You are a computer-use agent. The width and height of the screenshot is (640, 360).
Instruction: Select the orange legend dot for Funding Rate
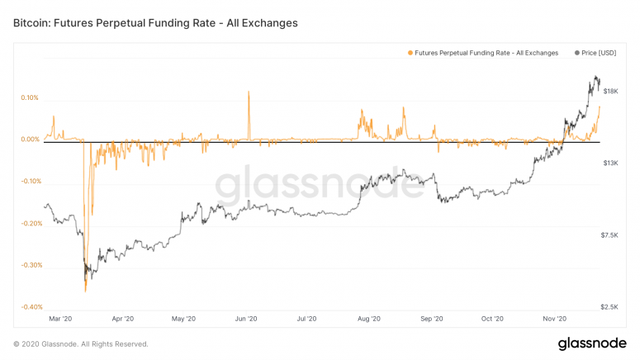(410, 53)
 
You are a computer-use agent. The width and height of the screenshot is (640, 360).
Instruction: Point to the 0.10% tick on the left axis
(30, 97)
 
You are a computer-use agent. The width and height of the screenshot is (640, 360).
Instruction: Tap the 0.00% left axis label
(30, 140)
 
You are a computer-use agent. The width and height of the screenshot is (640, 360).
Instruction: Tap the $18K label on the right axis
(612, 91)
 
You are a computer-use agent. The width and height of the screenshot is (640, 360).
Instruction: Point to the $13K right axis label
(612, 163)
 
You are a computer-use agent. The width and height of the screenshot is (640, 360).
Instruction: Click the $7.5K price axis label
(610, 235)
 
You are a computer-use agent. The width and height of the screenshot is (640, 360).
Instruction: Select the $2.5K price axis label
(610, 307)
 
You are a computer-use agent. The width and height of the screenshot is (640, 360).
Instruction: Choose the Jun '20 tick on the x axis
(246, 318)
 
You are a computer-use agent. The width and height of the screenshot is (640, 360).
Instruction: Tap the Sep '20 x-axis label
(432, 318)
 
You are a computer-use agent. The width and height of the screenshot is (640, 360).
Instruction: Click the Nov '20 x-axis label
(554, 318)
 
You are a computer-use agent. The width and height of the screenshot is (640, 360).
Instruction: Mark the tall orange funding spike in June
(249, 92)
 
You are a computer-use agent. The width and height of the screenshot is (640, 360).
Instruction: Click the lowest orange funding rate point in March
(85, 290)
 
